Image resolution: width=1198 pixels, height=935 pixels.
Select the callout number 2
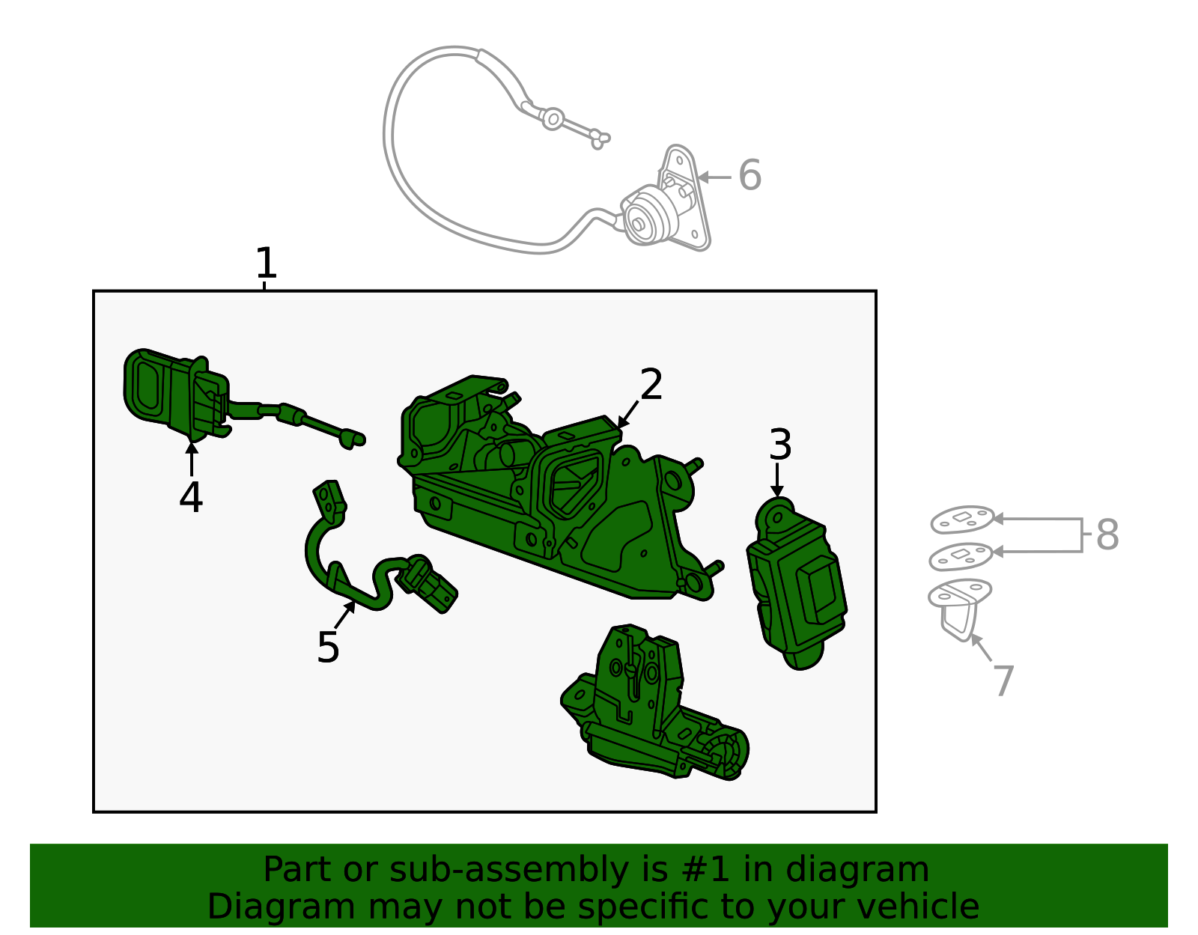pyautogui.click(x=651, y=384)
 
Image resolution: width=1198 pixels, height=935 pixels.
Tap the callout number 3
pyautogui.click(x=780, y=444)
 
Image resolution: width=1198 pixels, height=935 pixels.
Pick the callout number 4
pyautogui.click(x=191, y=497)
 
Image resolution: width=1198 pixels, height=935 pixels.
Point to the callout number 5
pyautogui.click(x=328, y=647)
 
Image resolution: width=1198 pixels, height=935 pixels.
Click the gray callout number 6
pyautogui.click(x=749, y=175)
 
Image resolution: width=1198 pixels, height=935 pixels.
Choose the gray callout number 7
pyautogui.click(x=1005, y=680)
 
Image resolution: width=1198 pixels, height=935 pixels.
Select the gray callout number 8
pyautogui.click(x=1107, y=534)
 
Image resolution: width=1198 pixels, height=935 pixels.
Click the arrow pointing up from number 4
pyautogui.click(x=191, y=458)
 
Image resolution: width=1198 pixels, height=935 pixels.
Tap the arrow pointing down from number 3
pyautogui.click(x=776, y=480)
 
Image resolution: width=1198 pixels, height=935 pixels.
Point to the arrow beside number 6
pyautogui.click(x=714, y=177)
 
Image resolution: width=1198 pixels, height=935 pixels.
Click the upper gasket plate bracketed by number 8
pyautogui.click(x=962, y=520)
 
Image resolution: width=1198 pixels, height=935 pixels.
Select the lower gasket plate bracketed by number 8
pyautogui.click(x=961, y=556)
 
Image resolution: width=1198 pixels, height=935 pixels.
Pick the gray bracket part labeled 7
pyautogui.click(x=959, y=607)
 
